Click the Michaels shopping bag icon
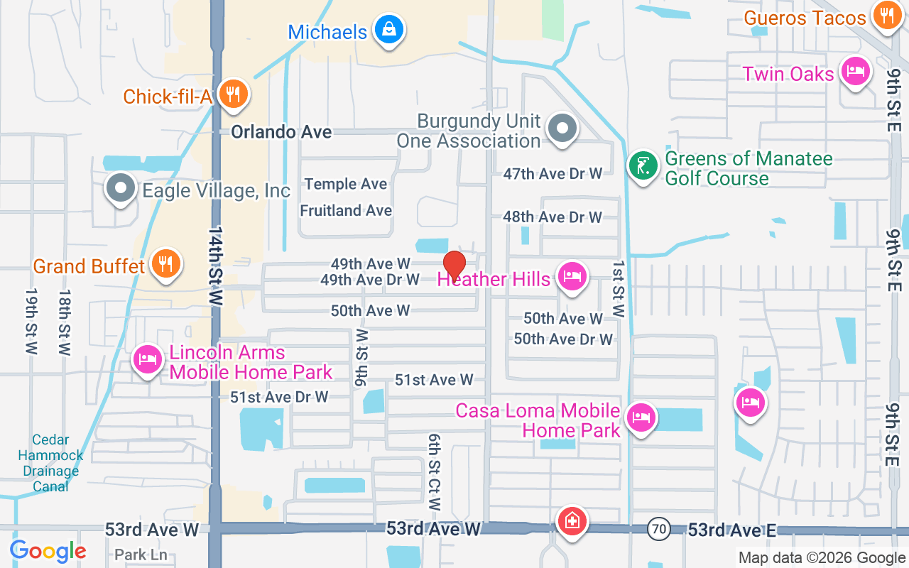pyautogui.click(x=388, y=30)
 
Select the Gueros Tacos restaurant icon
pyautogui.click(x=886, y=16)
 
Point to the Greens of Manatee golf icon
pyautogui.click(x=643, y=166)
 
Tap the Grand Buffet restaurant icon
pyautogui.click(x=165, y=264)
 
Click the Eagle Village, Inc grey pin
pyautogui.click(x=120, y=189)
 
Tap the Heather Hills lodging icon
pyautogui.click(x=572, y=276)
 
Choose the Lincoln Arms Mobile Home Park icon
pyautogui.click(x=147, y=359)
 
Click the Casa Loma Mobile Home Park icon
pyautogui.click(x=641, y=417)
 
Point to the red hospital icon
pyautogui.click(x=571, y=522)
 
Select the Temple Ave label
pyautogui.click(x=346, y=184)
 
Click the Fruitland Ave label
pyautogui.click(x=346, y=211)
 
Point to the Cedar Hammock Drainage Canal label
pyautogui.click(x=50, y=463)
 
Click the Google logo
pyautogui.click(x=48, y=550)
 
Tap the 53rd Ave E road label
pyautogui.click(x=731, y=530)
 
